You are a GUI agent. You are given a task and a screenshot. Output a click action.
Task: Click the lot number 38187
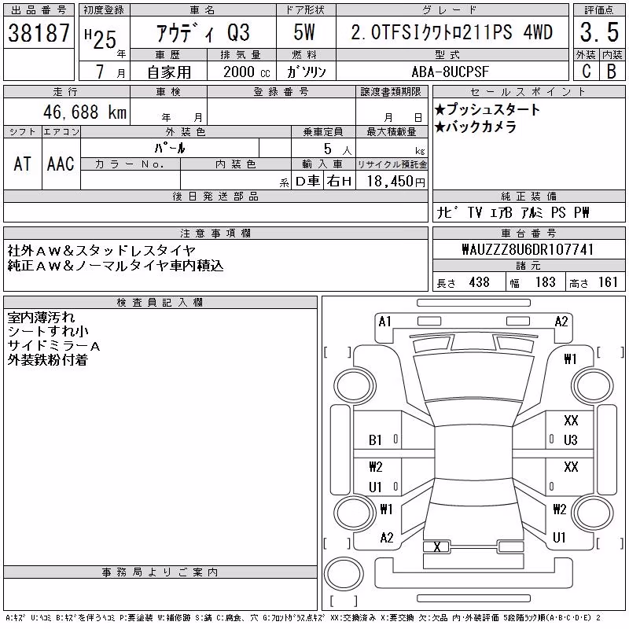(x=39, y=32)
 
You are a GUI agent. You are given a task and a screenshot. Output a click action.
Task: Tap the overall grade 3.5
(x=599, y=32)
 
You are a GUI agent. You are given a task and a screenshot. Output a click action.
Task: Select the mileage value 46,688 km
(x=85, y=112)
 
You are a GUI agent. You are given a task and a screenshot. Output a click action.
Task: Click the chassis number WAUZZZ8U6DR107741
(x=528, y=249)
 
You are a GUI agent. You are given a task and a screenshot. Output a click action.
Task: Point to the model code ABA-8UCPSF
(x=451, y=72)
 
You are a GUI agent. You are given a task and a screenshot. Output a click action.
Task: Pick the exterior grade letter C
(x=586, y=71)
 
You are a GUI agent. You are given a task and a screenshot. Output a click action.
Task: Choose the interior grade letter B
(x=612, y=71)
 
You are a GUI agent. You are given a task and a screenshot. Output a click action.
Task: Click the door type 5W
(x=304, y=32)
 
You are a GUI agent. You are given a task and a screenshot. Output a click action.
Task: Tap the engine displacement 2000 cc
(x=247, y=72)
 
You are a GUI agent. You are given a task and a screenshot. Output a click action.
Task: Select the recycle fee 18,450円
(x=395, y=181)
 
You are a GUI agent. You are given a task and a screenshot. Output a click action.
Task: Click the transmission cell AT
(x=23, y=164)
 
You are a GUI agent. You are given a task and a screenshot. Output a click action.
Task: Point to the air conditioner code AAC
(x=61, y=164)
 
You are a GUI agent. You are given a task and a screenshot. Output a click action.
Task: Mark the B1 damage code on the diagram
(x=375, y=440)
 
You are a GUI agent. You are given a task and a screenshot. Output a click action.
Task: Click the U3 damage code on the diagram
(x=571, y=440)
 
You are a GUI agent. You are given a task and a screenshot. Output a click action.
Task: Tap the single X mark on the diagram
(x=437, y=546)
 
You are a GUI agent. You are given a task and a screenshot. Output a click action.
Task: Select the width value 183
(x=545, y=282)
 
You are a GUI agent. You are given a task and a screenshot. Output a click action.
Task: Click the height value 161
(x=608, y=282)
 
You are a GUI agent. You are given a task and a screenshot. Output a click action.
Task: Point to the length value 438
(x=480, y=282)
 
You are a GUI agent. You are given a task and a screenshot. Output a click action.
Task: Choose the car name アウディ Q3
(x=203, y=32)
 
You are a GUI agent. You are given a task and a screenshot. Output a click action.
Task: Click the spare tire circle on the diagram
(x=344, y=573)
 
